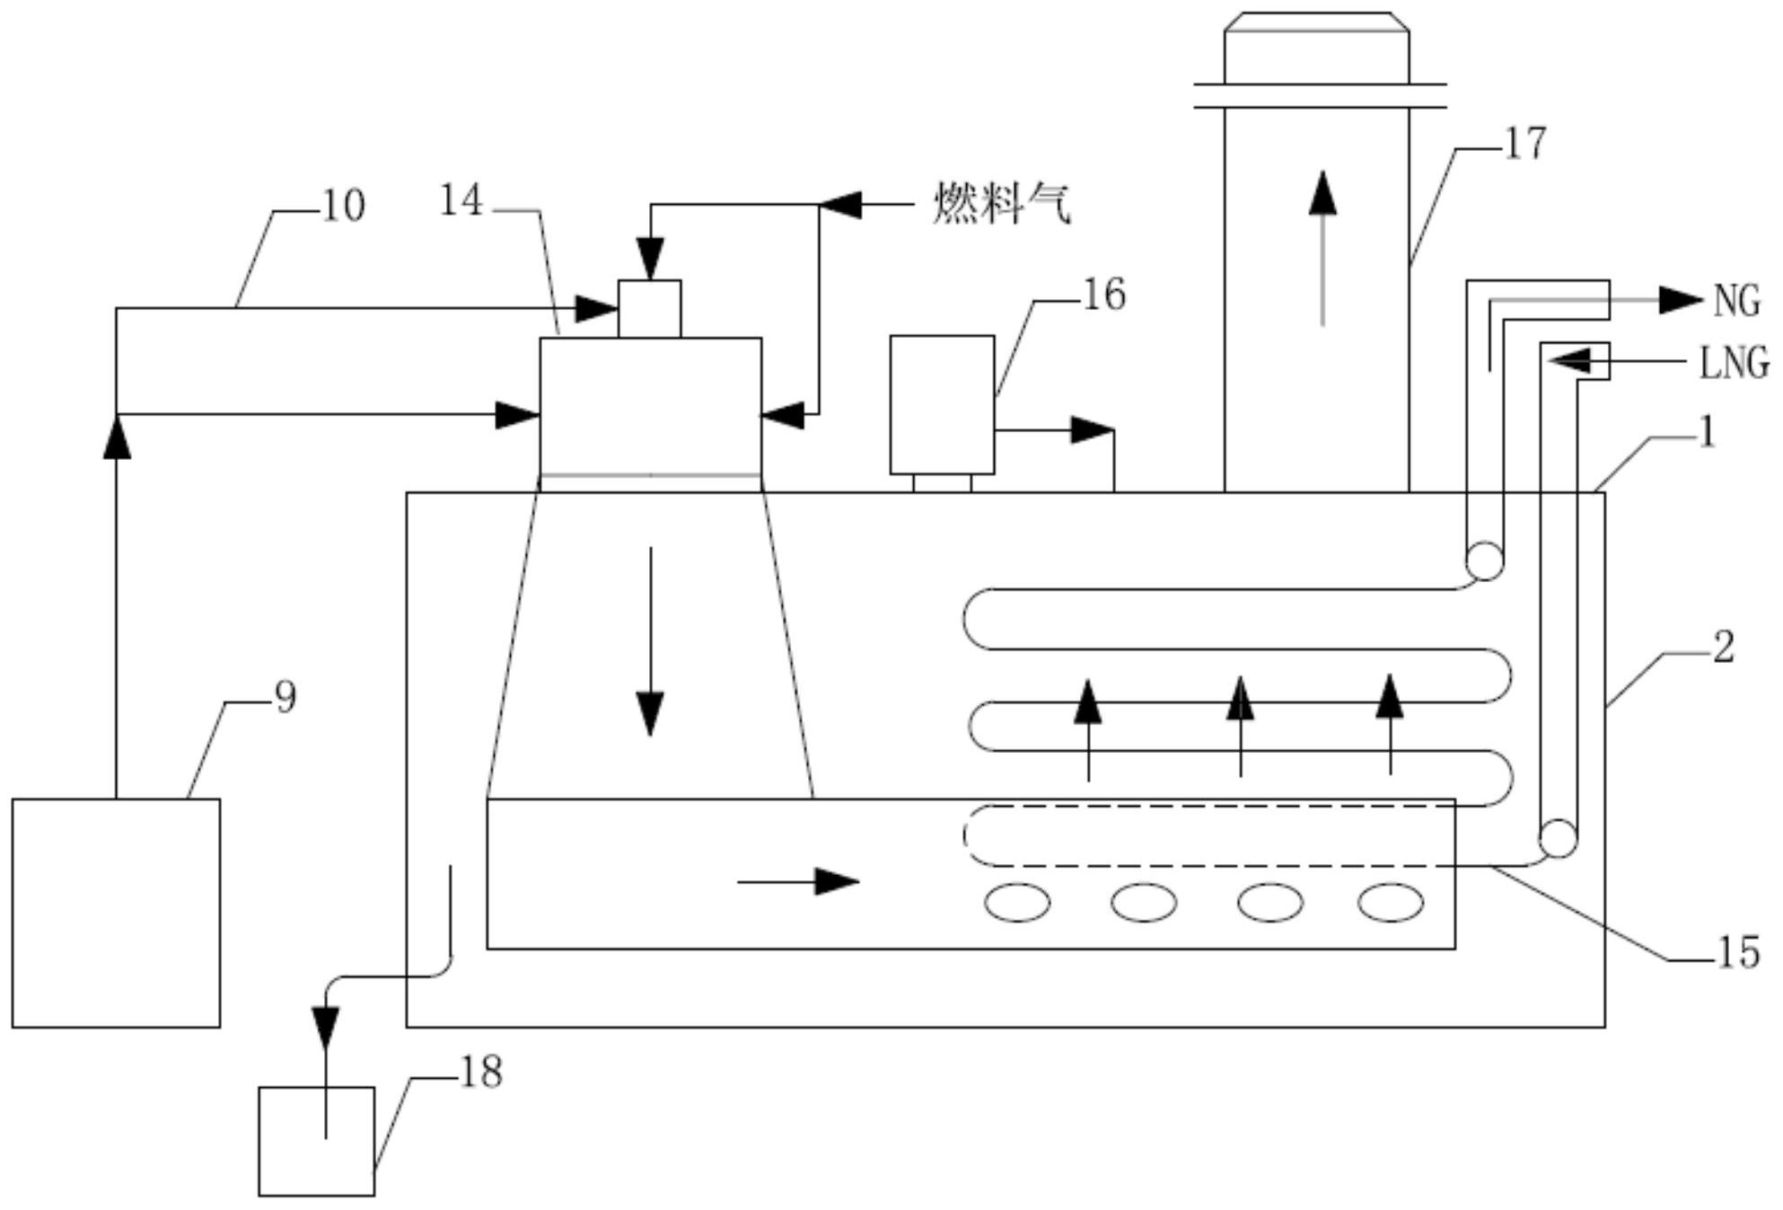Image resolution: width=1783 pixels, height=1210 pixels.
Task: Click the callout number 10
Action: pos(343,206)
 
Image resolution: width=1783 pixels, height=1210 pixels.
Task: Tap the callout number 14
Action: pos(461,200)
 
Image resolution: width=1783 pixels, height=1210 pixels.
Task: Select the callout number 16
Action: pos(1104,295)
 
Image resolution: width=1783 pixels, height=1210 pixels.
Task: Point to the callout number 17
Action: pos(1525,144)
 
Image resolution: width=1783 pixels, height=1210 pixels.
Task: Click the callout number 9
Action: pos(285,697)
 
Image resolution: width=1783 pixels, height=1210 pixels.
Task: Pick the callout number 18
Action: pos(481,1072)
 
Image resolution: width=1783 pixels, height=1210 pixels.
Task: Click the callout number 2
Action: pos(1724,647)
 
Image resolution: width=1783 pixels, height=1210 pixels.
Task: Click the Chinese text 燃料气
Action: pos(1002,203)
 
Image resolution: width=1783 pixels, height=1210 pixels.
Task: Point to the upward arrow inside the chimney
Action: pos(1322,248)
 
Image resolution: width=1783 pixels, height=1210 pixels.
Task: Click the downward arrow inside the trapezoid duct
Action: pos(650,641)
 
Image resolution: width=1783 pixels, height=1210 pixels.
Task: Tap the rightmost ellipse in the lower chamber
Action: pos(1391,903)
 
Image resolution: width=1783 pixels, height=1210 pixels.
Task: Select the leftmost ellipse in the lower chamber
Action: pos(1017,903)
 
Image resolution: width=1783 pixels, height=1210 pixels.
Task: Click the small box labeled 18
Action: pos(317,1141)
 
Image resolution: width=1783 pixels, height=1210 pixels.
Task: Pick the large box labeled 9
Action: pos(116,913)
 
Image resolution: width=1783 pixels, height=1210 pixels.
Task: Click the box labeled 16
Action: pos(942,404)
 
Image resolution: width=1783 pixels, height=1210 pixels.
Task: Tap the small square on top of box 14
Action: pos(649,309)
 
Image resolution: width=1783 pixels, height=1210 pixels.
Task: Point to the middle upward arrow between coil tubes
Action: pos(1240,726)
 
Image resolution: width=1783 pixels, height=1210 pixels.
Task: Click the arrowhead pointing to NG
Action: pos(1680,300)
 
